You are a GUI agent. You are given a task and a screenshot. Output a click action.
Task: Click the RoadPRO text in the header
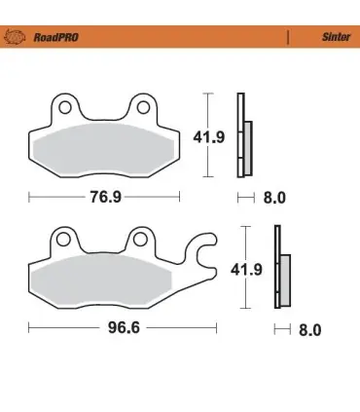pos(56,37)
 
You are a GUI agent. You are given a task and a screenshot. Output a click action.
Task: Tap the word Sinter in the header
pos(336,37)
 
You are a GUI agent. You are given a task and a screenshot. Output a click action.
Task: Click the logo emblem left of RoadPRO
pos(15,37)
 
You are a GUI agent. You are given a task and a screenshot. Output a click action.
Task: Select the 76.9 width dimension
pos(105,197)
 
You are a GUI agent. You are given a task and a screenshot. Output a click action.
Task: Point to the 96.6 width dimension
pos(124,327)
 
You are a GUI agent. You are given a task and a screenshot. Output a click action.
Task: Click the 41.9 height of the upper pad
pos(209,137)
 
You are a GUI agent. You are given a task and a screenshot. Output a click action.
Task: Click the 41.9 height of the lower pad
pos(246,270)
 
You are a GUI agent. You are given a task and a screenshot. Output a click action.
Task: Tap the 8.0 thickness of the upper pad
pos(274,198)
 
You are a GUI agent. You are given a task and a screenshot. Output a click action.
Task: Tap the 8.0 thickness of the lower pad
pos(310,330)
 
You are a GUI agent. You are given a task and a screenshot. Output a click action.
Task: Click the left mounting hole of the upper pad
pos(65,107)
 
